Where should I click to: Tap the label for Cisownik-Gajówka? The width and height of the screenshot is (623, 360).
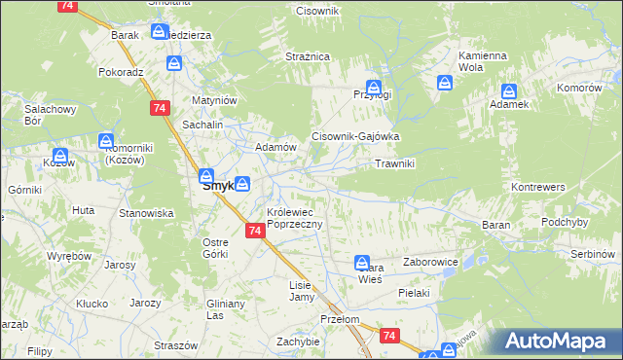tap(355, 137)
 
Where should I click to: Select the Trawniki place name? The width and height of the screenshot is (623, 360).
tap(395, 163)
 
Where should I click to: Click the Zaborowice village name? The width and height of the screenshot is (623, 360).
tap(428, 262)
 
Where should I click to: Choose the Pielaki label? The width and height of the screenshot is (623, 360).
tap(414, 291)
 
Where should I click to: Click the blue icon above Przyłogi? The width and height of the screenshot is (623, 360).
tap(373, 87)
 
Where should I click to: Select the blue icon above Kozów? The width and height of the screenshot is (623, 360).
tap(59, 155)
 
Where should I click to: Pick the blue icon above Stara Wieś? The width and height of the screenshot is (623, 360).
tap(362, 262)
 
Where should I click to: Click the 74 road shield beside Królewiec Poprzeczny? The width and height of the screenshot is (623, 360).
tap(254, 231)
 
